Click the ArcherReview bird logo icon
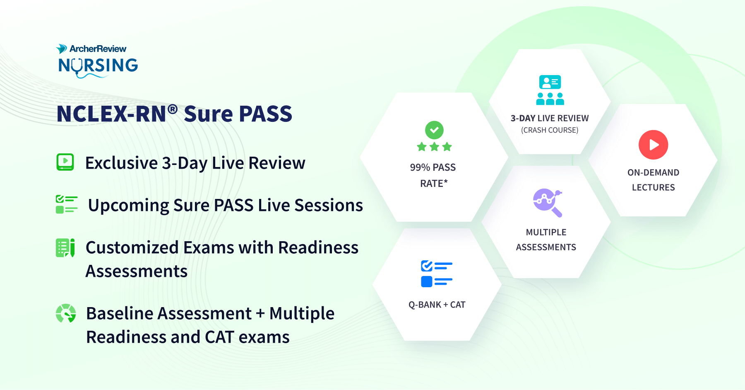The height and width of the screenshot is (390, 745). [x=62, y=48]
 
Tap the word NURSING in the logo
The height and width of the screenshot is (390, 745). [x=98, y=65]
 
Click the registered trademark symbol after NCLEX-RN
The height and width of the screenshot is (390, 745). [x=173, y=109]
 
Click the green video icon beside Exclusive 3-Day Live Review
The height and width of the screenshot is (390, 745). [x=65, y=162]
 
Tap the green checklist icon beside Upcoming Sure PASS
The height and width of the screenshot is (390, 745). [x=67, y=204]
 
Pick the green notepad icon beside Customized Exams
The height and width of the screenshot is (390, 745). [x=65, y=247]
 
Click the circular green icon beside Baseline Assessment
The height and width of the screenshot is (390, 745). [x=66, y=313]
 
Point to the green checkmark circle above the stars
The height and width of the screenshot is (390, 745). [x=434, y=130]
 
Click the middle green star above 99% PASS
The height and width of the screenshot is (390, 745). [x=434, y=147]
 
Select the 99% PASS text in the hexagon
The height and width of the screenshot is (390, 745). [x=433, y=167]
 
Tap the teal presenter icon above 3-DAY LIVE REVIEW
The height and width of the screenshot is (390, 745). [x=550, y=90]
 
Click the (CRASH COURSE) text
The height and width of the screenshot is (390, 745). [x=550, y=130]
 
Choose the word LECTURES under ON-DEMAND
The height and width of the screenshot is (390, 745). [x=653, y=187]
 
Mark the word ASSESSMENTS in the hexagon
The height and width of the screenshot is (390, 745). [x=546, y=247]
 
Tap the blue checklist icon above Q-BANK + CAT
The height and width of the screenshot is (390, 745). [x=436, y=274]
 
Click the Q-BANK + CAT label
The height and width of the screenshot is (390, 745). [x=437, y=305]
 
